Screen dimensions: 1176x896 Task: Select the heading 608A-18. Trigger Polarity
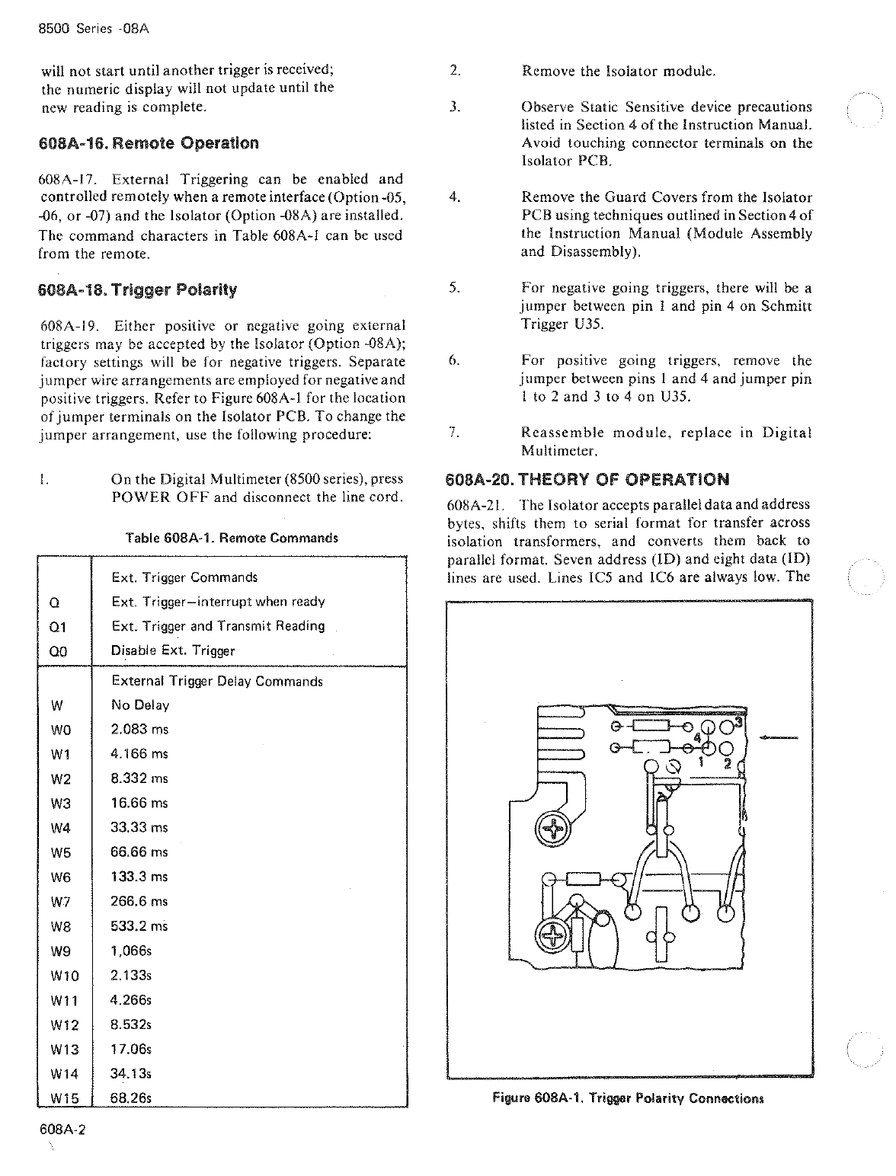[x=138, y=289]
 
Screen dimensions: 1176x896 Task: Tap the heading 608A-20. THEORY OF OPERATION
[x=587, y=480]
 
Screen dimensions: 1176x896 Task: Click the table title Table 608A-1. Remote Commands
[x=232, y=538]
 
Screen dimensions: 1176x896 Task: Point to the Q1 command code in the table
[x=58, y=627]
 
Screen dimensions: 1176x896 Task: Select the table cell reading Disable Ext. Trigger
[x=173, y=651]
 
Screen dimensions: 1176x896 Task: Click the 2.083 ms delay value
[x=139, y=730]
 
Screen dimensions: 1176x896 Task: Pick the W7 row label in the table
[x=60, y=902]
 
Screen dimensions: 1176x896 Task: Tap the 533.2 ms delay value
[x=139, y=926]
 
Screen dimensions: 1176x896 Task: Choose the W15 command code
[x=64, y=1098]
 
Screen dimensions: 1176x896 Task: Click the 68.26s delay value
[x=132, y=1098]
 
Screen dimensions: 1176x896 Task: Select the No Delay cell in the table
[x=140, y=705]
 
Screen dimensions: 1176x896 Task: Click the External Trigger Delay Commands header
[x=217, y=682]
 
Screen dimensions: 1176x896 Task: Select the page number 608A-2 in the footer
[x=64, y=1130]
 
